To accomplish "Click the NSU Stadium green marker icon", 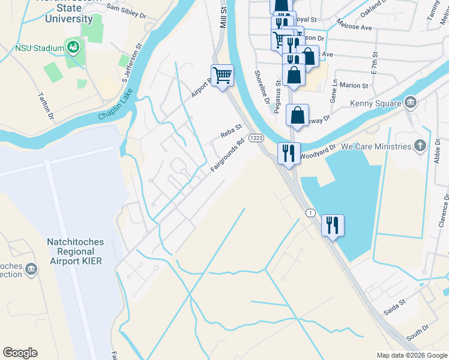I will point(74,47).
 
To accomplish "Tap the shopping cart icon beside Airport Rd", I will point(222,76).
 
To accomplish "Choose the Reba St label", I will point(231,131).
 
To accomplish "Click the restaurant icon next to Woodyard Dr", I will point(288,154).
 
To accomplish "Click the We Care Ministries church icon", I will point(420,146).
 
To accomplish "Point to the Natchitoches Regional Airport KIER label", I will point(75,251).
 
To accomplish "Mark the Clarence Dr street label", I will point(444,210).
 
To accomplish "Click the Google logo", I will point(20,353).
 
